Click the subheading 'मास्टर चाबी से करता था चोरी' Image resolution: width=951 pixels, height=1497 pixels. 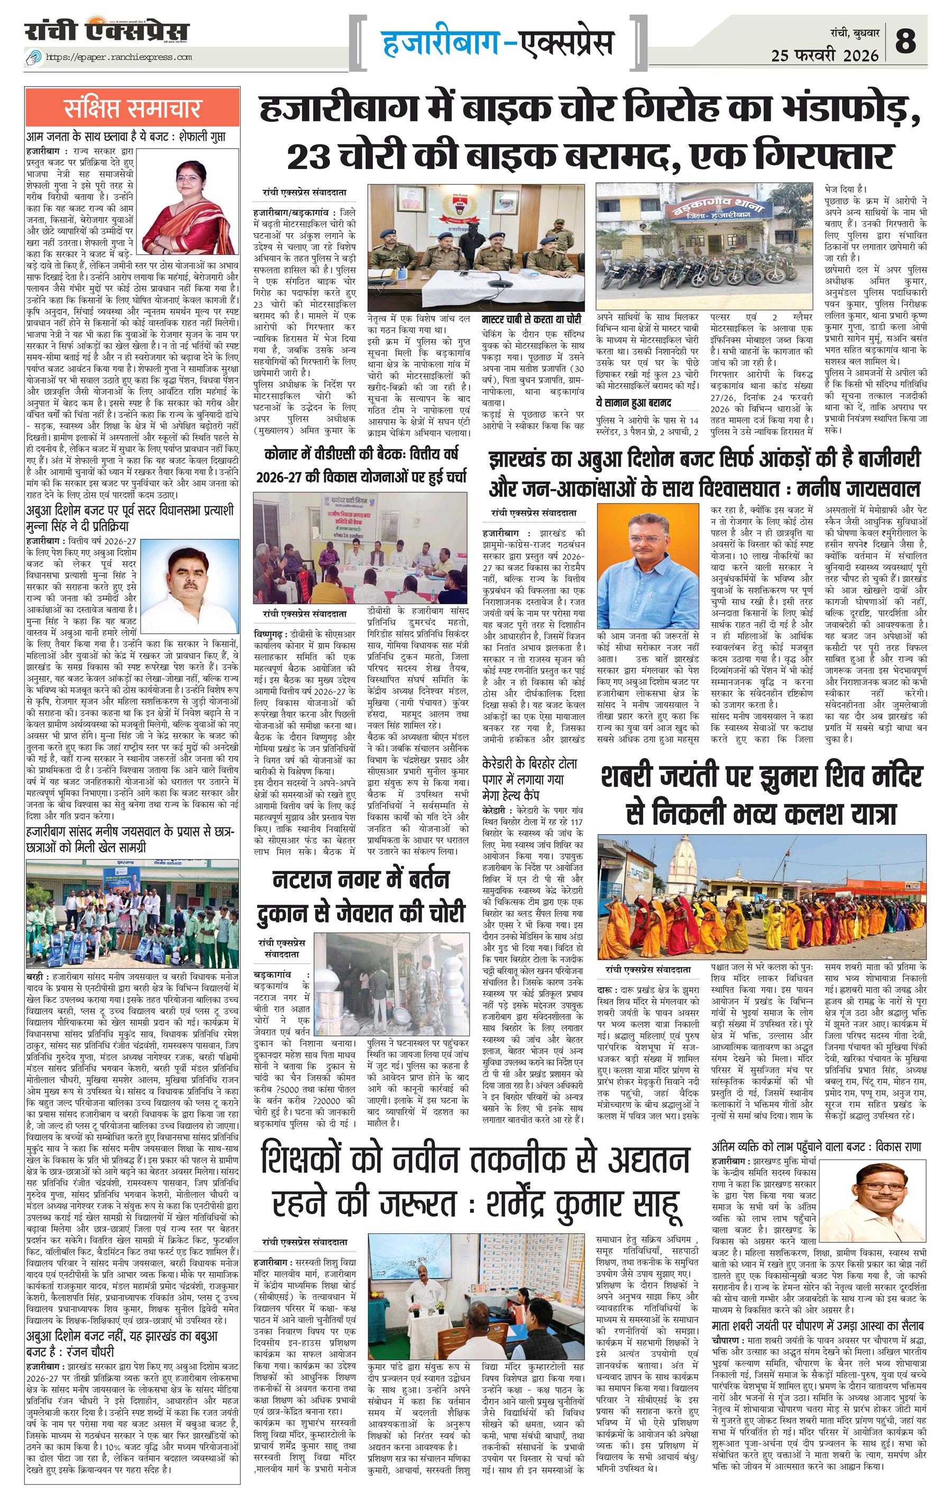532,319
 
